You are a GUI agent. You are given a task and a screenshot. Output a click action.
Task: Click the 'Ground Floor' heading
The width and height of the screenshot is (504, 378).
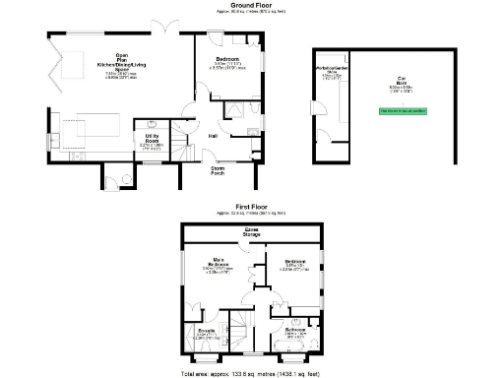[251, 5]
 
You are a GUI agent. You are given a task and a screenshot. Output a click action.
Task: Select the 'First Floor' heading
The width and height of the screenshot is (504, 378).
[251, 207]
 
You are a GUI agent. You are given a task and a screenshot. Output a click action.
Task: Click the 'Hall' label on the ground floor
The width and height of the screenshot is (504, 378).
[213, 136]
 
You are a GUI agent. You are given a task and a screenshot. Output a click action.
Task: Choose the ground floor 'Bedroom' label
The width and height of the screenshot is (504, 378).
[228, 61]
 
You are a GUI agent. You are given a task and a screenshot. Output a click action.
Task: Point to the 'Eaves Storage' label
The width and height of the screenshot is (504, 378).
[251, 232]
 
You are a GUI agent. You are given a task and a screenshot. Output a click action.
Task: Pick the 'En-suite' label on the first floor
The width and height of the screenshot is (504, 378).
[205, 333]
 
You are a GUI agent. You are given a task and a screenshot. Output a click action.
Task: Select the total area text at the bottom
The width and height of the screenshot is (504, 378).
[251, 374]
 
